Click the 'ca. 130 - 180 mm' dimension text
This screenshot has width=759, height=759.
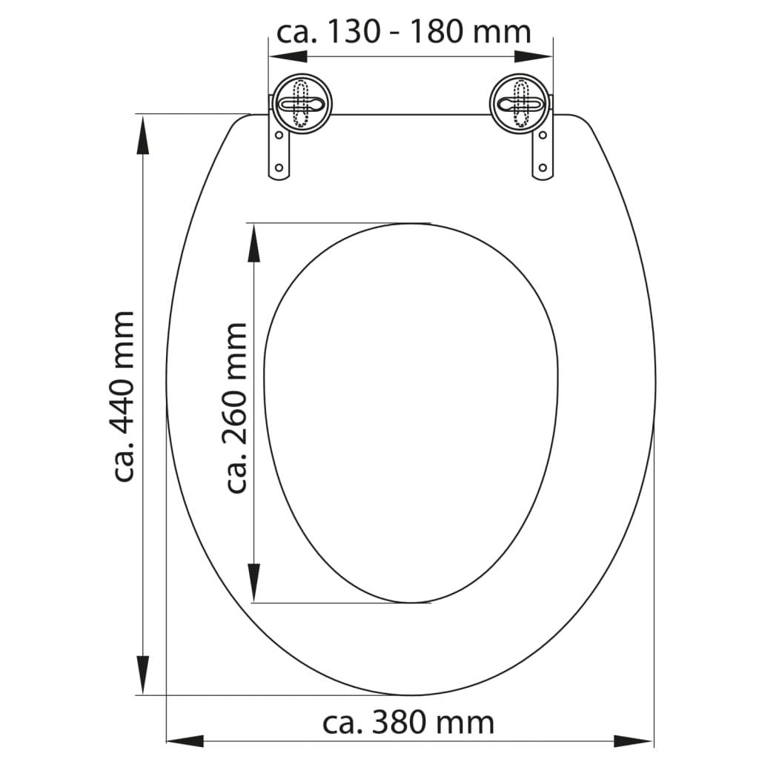point(404,32)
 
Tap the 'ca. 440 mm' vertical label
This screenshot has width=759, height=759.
point(124,397)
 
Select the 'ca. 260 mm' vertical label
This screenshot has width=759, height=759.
point(236,407)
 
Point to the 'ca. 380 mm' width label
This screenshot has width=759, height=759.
point(408,721)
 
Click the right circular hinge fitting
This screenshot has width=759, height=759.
point(520,103)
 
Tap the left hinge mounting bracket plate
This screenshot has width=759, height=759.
point(279,152)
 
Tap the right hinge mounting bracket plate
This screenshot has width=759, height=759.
point(543,152)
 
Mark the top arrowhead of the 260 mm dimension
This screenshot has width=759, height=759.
point(254,242)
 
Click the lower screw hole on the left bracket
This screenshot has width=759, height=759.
point(279,168)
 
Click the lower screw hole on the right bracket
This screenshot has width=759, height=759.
point(543,168)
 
